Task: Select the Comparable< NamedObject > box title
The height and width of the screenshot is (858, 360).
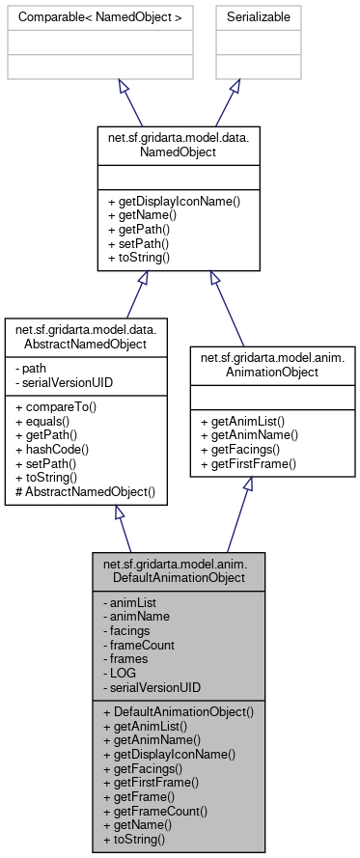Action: pyautogui.click(x=69, y=16)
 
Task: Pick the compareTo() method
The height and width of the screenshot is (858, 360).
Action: pyautogui.click(x=54, y=405)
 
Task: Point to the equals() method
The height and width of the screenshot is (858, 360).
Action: pyautogui.click(x=45, y=420)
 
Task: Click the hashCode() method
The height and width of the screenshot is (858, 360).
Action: pyautogui.click(x=53, y=449)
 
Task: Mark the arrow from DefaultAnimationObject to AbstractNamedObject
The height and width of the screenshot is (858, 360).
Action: pyautogui.click(x=123, y=530)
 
